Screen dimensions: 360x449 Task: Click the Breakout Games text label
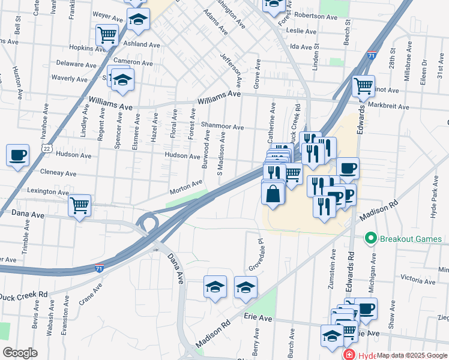[x=411, y=239]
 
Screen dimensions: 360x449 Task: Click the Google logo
[x=20, y=353]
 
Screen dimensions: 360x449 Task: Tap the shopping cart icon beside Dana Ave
[x=79, y=205]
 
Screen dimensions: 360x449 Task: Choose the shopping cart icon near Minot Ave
[x=363, y=86]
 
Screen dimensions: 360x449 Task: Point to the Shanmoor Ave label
[x=222, y=127]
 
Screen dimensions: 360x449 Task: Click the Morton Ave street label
[x=186, y=187]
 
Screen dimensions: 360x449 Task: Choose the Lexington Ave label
[x=48, y=192]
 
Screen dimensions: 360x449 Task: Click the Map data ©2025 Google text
[x=412, y=355]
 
